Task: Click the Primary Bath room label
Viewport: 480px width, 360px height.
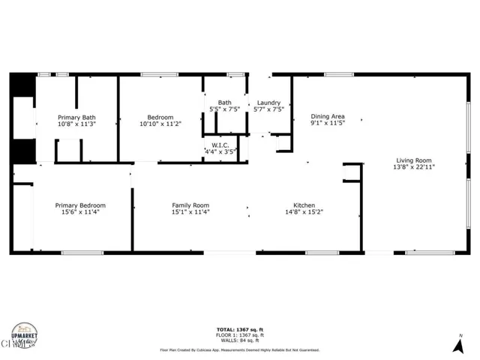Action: (77, 118)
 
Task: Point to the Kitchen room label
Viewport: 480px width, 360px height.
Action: (304, 205)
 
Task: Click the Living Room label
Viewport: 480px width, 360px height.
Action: (414, 160)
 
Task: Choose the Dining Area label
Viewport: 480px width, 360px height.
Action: (328, 117)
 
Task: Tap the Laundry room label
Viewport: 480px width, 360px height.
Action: (268, 103)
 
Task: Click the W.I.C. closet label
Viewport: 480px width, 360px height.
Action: (220, 145)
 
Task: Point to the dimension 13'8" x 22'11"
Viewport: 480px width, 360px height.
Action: (414, 167)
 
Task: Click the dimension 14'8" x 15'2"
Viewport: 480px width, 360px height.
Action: (304, 212)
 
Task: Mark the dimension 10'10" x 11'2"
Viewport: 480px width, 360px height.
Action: (160, 124)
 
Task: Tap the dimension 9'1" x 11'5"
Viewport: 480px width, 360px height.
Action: (328, 124)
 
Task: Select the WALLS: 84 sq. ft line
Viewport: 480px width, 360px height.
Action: (240, 340)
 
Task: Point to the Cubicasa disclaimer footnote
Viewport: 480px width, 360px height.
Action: (240, 349)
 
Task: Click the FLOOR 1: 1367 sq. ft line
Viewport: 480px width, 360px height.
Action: (240, 335)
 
